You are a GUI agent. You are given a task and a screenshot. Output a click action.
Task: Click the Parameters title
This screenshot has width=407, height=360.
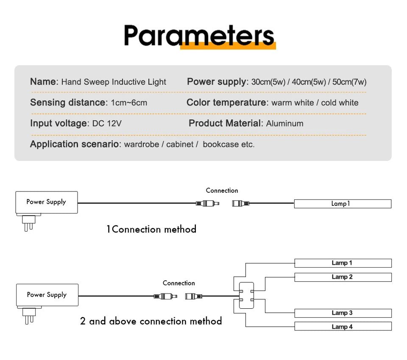tap(199, 36)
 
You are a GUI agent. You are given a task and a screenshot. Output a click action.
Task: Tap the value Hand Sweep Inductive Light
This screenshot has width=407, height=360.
tap(114, 82)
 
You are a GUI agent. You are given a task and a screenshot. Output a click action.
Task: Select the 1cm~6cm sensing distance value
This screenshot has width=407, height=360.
tap(129, 103)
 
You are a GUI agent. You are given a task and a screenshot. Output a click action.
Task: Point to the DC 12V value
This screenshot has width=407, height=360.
tap(107, 123)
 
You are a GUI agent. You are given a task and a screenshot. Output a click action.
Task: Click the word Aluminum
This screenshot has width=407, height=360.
tap(284, 123)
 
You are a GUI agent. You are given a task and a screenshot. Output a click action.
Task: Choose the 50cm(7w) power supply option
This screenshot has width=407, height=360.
tap(349, 82)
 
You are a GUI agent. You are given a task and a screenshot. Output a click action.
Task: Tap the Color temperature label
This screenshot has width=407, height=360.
tap(226, 102)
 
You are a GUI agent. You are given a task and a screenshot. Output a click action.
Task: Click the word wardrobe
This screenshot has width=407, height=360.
tap(142, 144)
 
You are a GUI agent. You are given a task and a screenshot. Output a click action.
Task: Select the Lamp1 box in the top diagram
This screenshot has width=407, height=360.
tap(343, 204)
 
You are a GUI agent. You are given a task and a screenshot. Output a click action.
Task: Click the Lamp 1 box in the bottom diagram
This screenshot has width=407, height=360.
tap(343, 263)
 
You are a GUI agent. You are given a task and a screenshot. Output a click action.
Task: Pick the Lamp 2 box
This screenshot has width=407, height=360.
tap(343, 277)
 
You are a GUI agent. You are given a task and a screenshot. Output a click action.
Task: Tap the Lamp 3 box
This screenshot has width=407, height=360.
tap(343, 313)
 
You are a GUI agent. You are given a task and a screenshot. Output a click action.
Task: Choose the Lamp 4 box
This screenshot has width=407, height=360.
tap(343, 326)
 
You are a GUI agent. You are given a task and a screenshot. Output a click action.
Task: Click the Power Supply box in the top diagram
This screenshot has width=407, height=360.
tap(47, 202)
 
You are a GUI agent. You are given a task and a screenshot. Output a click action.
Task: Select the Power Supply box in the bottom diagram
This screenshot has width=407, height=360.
tap(47, 295)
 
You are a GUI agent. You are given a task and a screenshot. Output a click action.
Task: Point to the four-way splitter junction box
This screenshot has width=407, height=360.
tap(246, 296)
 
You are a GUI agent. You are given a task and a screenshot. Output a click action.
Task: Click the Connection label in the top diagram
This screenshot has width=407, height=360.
tap(222, 191)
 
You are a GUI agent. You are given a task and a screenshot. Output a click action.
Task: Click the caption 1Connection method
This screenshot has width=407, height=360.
tap(151, 229)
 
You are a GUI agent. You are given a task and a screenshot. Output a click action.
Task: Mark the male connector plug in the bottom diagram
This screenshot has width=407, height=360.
tap(165, 296)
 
